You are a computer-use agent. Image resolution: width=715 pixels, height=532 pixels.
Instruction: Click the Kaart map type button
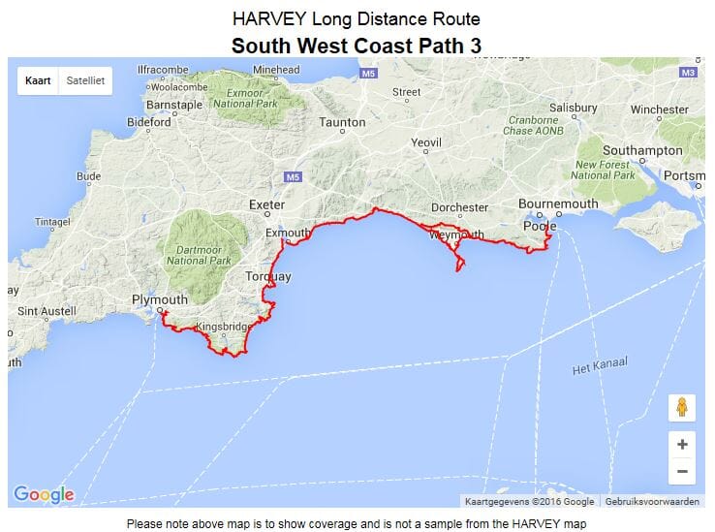(x=39, y=81)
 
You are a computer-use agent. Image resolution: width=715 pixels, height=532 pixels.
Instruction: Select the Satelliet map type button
(x=85, y=81)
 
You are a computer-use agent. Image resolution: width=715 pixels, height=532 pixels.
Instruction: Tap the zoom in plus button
(x=682, y=445)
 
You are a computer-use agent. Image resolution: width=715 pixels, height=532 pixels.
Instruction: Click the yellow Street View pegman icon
(x=682, y=407)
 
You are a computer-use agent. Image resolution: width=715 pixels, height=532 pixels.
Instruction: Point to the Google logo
(x=45, y=494)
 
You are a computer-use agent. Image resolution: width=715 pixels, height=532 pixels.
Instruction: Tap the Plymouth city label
(x=160, y=299)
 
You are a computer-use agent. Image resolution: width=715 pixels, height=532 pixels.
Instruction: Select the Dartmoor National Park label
(x=200, y=255)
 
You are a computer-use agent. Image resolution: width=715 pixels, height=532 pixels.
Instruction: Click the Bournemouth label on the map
(x=558, y=204)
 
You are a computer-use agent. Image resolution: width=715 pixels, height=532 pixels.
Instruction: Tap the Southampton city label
(x=642, y=151)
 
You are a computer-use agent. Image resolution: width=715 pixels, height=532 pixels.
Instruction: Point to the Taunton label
(x=343, y=123)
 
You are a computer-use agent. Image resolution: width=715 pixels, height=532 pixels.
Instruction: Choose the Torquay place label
(x=267, y=277)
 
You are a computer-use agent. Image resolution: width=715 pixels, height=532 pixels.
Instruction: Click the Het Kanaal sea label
(x=599, y=365)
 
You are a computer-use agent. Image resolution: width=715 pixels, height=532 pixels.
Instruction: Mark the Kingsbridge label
(x=224, y=327)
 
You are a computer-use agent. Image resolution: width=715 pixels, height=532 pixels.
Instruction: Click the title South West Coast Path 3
(x=356, y=45)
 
